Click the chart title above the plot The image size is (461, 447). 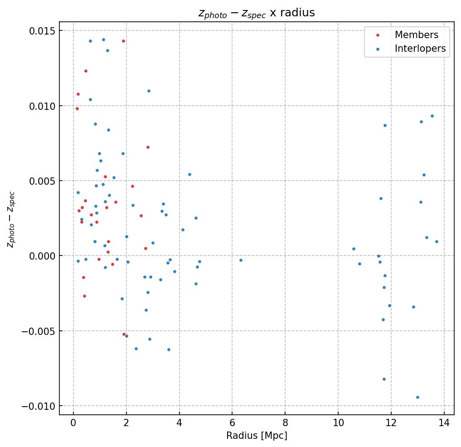tap(257, 13)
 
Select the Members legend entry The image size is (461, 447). tap(416, 35)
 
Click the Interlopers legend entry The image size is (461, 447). tap(420, 49)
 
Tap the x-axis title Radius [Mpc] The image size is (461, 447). tap(257, 436)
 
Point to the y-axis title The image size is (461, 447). tap(11, 219)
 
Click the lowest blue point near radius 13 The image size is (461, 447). tap(417, 397)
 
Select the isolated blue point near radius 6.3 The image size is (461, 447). tap(241, 260)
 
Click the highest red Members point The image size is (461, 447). tap(123, 41)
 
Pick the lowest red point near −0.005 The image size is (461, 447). tap(124, 334)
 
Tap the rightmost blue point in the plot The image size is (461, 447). tap(437, 241)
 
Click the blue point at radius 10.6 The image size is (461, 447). tap(354, 249)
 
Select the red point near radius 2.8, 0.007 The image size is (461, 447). tap(148, 147)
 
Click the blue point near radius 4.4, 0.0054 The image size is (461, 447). tap(189, 174)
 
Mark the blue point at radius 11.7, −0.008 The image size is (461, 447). tap(384, 379)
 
